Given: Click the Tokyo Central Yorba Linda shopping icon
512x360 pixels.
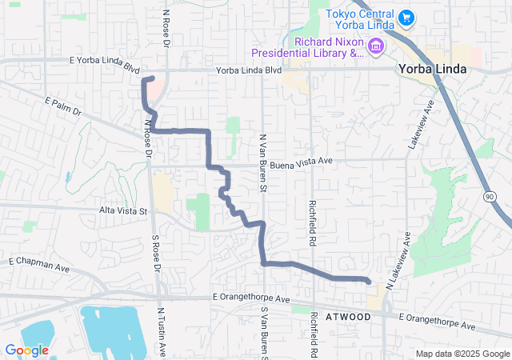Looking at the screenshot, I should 406,17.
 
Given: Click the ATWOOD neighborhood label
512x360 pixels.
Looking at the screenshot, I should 349,318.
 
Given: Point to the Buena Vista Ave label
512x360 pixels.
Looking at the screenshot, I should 300,162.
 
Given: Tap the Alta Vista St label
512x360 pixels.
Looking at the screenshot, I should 123,211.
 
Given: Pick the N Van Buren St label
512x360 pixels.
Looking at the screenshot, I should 262,164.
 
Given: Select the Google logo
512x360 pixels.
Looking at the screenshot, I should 26,350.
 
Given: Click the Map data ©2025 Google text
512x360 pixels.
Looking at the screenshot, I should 462,354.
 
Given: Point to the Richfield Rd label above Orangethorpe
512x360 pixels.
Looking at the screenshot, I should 313,222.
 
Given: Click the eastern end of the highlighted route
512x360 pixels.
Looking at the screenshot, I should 368,281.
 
